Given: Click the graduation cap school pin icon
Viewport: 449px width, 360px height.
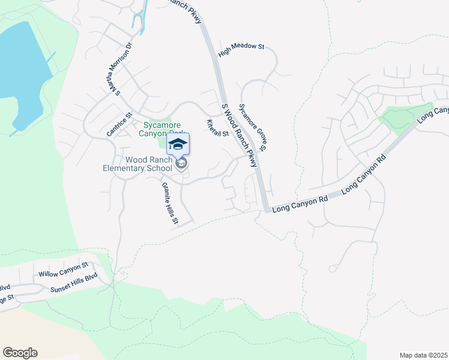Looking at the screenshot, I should point(178,144).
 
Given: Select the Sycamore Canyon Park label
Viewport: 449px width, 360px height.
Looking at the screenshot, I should point(153,130).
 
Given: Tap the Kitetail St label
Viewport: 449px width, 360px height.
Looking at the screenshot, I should point(217,128).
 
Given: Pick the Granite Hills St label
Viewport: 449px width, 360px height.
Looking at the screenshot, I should point(169,203).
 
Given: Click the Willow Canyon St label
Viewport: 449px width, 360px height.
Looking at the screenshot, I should point(63,269).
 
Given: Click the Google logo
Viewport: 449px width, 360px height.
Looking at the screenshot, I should point(20,353).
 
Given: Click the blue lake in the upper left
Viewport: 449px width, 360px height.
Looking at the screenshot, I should point(21,66).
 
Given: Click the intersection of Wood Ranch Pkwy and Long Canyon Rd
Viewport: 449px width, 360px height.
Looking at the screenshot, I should point(266,209).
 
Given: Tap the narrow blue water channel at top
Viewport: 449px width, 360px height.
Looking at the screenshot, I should point(140,18).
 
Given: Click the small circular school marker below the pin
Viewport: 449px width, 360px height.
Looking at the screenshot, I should point(181,163).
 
